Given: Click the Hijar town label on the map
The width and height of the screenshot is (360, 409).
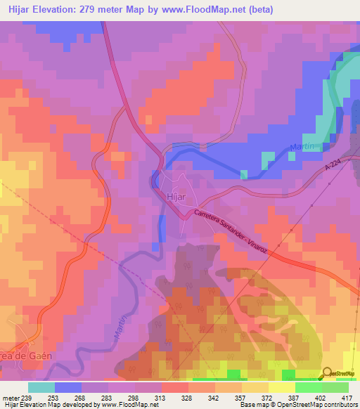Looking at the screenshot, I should tap(175, 197).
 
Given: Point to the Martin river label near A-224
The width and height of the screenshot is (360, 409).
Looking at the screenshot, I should tap(302, 148).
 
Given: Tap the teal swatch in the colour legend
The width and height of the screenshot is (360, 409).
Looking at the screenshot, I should tap(41, 387).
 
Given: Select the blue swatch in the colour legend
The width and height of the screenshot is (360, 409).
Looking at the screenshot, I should tap(67, 387).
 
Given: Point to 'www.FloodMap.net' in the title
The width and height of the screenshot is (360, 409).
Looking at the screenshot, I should tap(210, 9).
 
